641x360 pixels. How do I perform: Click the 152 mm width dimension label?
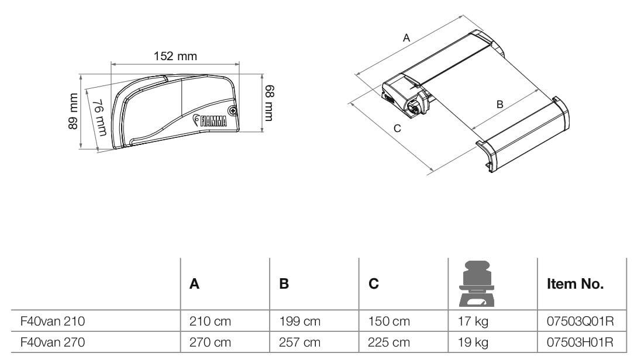tap(175, 57)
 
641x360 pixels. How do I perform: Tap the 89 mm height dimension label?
tap(73, 111)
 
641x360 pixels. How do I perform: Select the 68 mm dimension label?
tap(269, 103)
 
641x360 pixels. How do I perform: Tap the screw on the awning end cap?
tap(233, 110)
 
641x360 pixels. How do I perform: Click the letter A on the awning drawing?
tap(406, 37)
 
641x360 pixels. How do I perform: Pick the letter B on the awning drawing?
tap(499, 105)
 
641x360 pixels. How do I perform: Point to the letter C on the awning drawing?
tap(397, 129)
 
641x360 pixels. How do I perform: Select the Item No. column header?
tap(574, 285)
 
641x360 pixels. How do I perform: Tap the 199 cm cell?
tap(299, 321)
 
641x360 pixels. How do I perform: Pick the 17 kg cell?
tap(473, 321)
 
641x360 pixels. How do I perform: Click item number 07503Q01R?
tap(579, 321)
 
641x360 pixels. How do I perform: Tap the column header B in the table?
tap(284, 285)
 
